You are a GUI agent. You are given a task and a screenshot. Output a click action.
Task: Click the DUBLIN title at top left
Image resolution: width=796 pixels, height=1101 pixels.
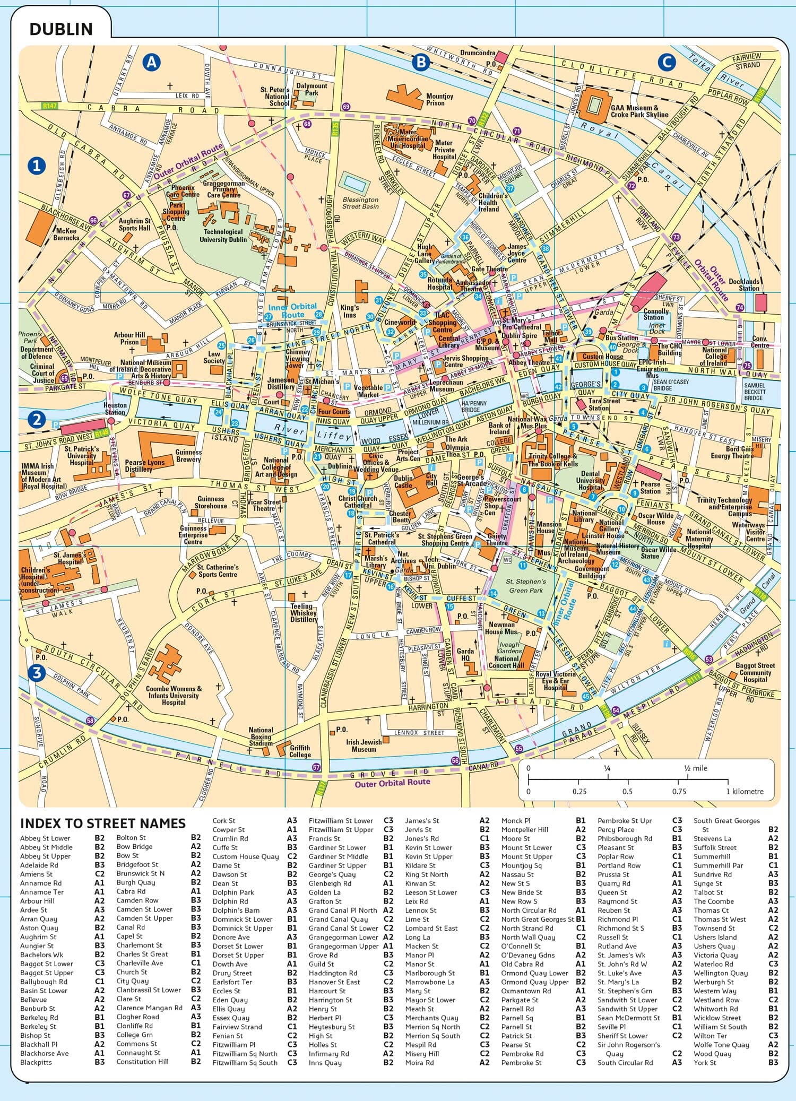pyautogui.click(x=61, y=29)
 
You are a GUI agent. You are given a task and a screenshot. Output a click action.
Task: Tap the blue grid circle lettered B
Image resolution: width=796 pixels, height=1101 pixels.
pyautogui.click(x=421, y=63)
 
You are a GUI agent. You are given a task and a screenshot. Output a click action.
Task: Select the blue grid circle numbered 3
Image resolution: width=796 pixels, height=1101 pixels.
pyautogui.click(x=37, y=673)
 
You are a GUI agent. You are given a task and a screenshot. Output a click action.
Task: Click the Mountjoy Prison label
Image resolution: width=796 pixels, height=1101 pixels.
pyautogui.click(x=439, y=100)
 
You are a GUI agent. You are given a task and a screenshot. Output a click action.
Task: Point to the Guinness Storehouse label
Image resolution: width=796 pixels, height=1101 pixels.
pyautogui.click(x=211, y=502)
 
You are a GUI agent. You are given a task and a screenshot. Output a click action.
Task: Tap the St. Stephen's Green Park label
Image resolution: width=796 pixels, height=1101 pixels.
pyautogui.click(x=525, y=586)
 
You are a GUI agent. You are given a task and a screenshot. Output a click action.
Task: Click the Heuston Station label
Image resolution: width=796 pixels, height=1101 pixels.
pyautogui.click(x=115, y=409)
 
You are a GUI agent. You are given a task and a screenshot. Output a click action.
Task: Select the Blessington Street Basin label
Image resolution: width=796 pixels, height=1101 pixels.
pyautogui.click(x=360, y=203)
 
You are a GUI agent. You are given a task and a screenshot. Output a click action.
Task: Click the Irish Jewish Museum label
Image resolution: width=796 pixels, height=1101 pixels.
pyautogui.click(x=364, y=745)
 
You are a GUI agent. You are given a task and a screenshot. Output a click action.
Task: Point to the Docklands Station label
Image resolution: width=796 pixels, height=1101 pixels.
pyautogui.click(x=743, y=285)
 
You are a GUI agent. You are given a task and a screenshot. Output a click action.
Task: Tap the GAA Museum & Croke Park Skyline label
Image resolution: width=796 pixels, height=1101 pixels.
pyautogui.click(x=639, y=111)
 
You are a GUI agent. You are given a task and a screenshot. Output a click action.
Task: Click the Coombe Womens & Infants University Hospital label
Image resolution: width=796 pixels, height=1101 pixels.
pyautogui.click(x=174, y=695)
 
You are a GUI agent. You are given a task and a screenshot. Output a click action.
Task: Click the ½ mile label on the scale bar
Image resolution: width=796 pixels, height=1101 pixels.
pyautogui.click(x=695, y=768)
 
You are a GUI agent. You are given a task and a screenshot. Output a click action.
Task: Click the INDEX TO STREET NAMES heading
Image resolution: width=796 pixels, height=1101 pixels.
pyautogui.click(x=103, y=823)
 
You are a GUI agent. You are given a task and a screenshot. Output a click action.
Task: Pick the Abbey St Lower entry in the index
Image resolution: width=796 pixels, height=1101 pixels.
pyautogui.click(x=45, y=838)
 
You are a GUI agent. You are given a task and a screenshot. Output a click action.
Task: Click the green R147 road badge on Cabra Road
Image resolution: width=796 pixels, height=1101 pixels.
pyautogui.click(x=49, y=106)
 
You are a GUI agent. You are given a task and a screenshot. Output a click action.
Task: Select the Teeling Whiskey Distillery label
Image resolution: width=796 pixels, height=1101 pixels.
pyautogui.click(x=304, y=612)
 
